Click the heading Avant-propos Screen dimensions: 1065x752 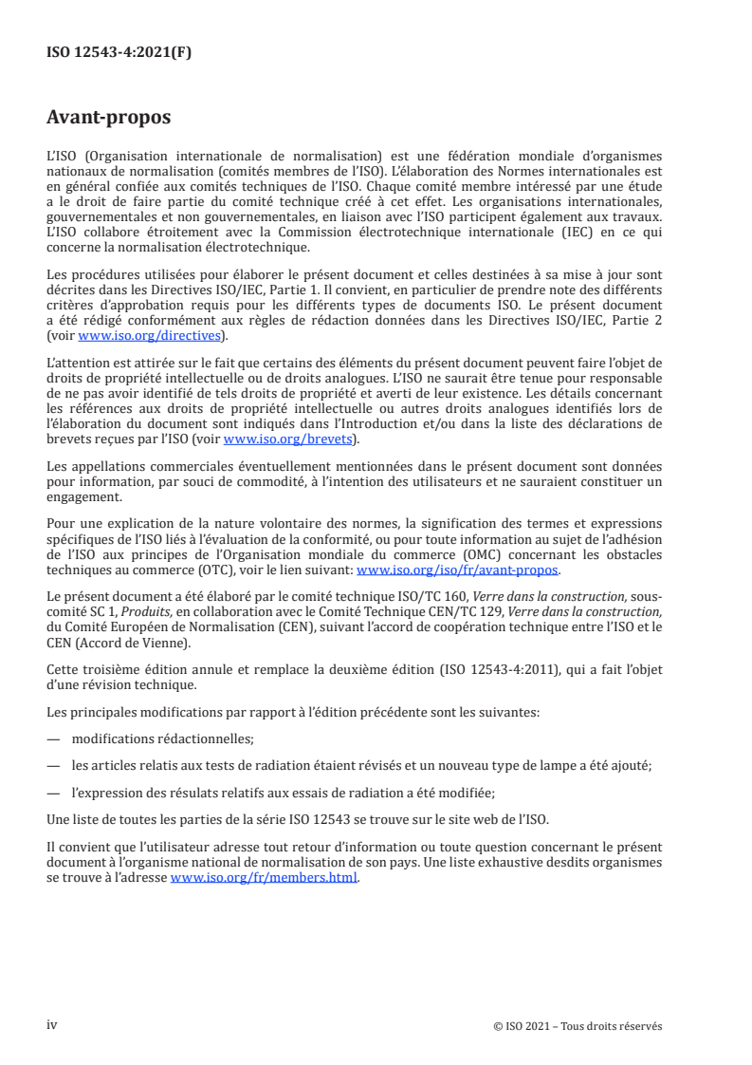108,119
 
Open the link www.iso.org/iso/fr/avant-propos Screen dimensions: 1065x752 457,570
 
